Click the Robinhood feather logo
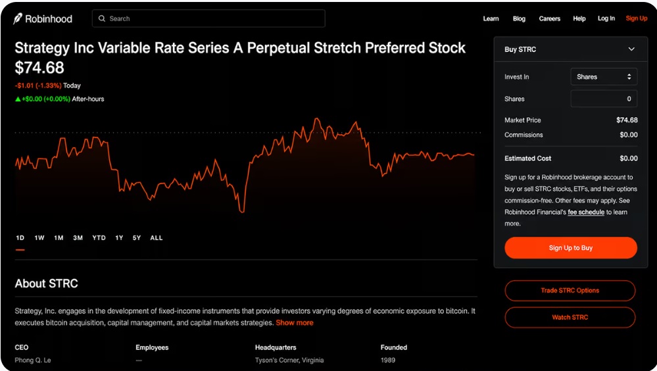tap(18, 18)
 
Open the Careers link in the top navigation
tap(549, 18)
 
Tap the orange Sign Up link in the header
tap(637, 18)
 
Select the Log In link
tap(606, 18)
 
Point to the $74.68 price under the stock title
tap(39, 68)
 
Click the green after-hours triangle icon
tap(18, 99)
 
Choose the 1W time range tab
tap(39, 237)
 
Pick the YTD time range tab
tap(99, 237)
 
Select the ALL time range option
tap(157, 237)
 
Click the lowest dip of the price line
tap(242, 212)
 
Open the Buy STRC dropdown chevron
tap(631, 49)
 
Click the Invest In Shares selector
tap(604, 77)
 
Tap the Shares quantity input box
tap(604, 99)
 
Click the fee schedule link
tap(586, 212)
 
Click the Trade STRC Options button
tap(570, 291)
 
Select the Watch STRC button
tap(570, 317)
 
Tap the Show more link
tap(295, 323)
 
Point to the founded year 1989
tap(388, 360)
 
